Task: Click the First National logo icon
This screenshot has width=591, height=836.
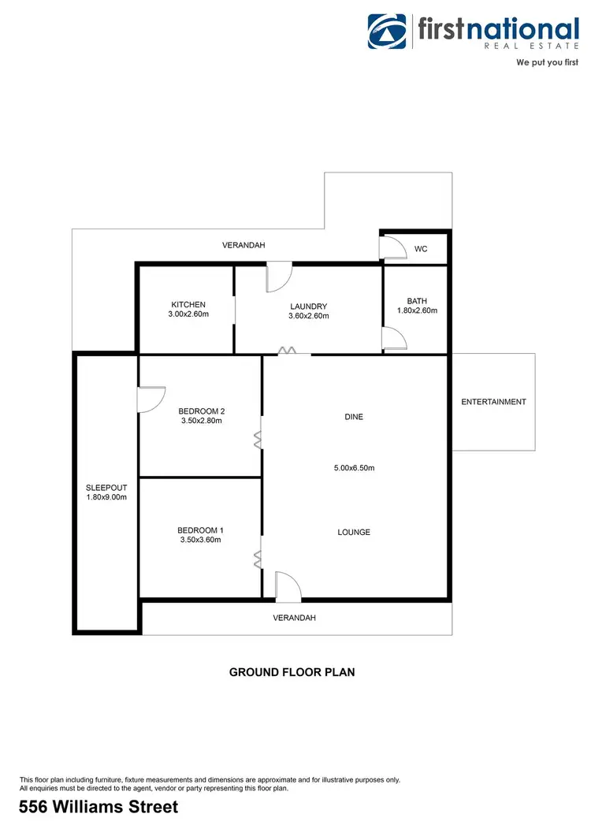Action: point(388,32)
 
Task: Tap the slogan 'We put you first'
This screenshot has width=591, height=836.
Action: point(547,61)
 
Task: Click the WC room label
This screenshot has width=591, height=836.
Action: point(421,249)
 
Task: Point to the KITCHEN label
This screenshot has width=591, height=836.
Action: point(188,305)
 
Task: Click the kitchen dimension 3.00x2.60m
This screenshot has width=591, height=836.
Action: point(188,314)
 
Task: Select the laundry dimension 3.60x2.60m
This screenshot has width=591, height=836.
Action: point(308,316)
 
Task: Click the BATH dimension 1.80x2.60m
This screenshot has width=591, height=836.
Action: point(416,310)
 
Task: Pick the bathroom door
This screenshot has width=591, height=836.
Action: point(394,339)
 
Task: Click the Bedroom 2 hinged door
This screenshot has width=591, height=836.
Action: point(151,399)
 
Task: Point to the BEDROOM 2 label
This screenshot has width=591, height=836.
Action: point(202,411)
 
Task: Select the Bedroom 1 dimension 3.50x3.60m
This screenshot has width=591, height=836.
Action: point(199,540)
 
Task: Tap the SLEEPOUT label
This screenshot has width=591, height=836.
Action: point(106,488)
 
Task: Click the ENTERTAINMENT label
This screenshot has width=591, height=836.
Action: point(493,402)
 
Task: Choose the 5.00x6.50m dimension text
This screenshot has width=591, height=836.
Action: point(354,468)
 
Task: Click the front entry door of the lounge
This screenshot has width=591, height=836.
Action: point(288,586)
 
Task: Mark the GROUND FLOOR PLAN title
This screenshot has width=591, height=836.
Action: point(292,672)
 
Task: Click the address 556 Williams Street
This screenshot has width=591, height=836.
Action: point(98,807)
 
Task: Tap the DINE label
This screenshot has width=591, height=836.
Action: point(354,417)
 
